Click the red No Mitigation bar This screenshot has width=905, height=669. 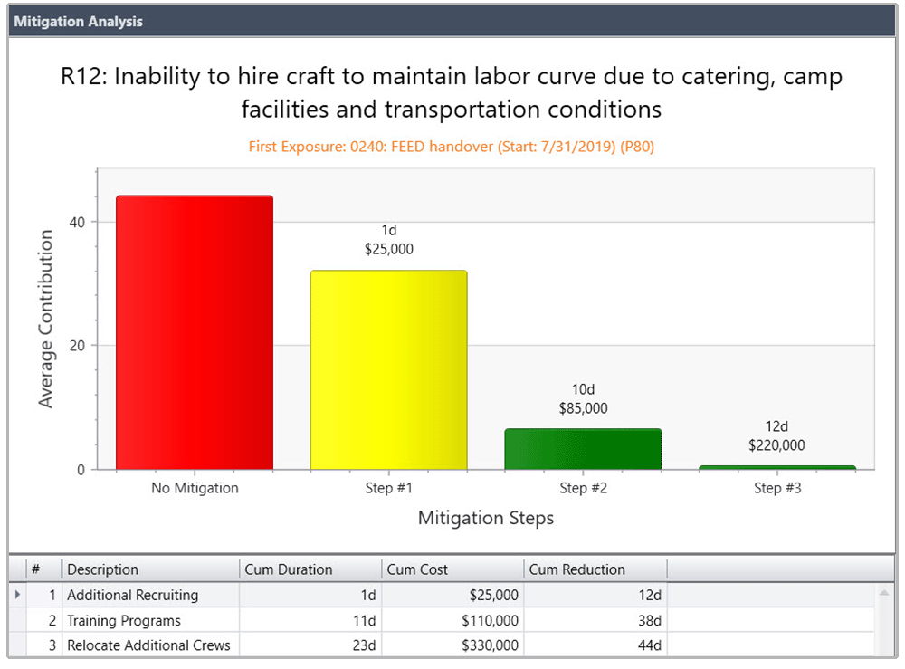(x=195, y=332)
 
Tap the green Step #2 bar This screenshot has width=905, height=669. (x=583, y=449)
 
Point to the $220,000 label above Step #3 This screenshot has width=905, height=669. (x=776, y=445)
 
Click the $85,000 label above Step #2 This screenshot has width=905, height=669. (x=583, y=408)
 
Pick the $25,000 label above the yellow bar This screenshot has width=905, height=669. (x=389, y=249)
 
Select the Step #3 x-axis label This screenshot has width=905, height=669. (x=777, y=488)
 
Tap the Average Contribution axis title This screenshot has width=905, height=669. (x=46, y=319)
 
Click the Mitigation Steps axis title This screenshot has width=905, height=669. (x=486, y=519)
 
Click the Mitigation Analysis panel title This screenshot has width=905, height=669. (x=78, y=22)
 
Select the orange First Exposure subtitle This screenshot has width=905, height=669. (x=452, y=147)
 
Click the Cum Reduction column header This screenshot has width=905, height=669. (x=576, y=569)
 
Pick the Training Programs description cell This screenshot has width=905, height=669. (x=124, y=621)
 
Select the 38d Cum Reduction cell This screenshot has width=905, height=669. (x=648, y=621)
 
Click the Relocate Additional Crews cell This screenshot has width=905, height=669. (x=148, y=645)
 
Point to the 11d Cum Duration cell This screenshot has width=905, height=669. (x=365, y=621)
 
